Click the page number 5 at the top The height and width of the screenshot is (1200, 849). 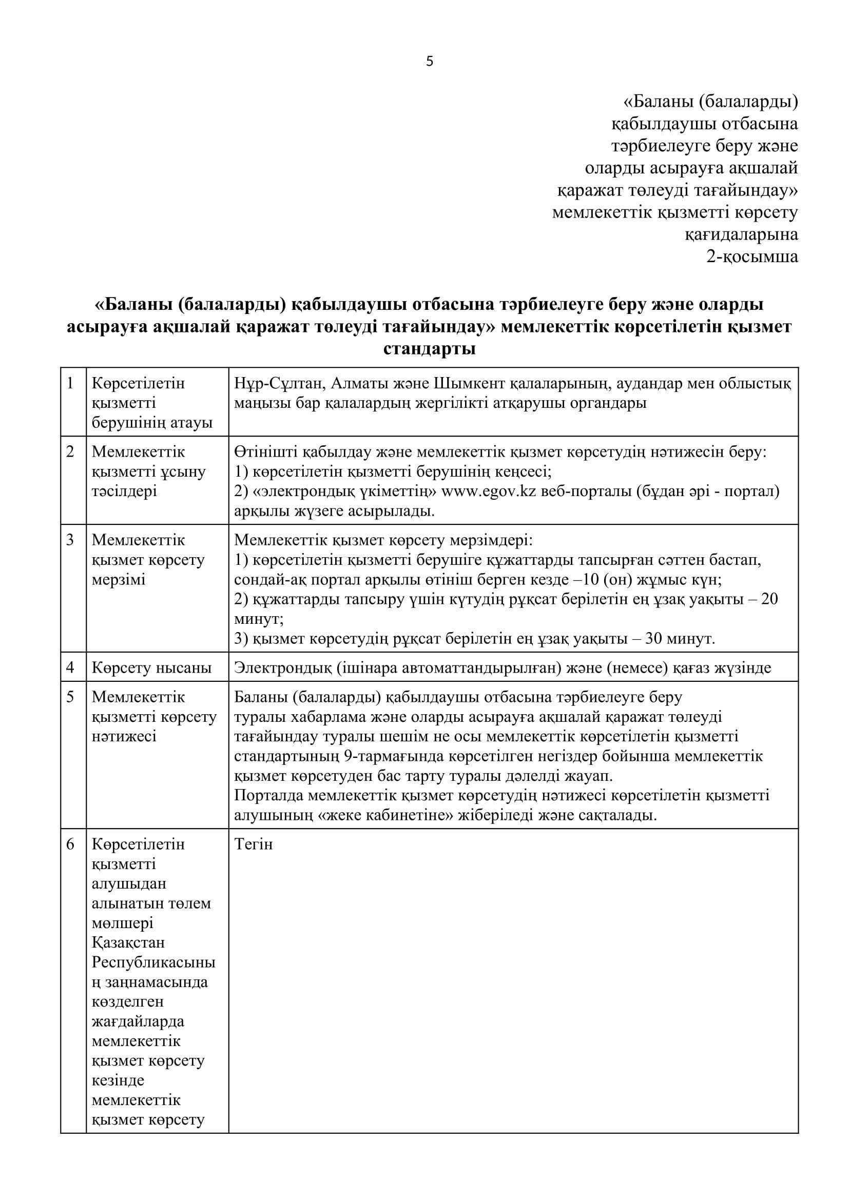pyautogui.click(x=430, y=62)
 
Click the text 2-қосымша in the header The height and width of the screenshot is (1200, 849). pyautogui.click(x=752, y=257)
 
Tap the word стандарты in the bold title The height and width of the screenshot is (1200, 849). pyautogui.click(x=429, y=348)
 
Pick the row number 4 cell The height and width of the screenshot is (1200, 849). pyautogui.click(x=70, y=667)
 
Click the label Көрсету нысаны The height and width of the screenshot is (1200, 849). pyautogui.click(x=151, y=667)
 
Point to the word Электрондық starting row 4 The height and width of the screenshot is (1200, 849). pyautogui.click(x=280, y=667)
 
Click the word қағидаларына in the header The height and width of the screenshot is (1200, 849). pyautogui.click(x=741, y=234)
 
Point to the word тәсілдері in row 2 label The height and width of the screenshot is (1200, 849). pyautogui.click(x=124, y=491)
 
